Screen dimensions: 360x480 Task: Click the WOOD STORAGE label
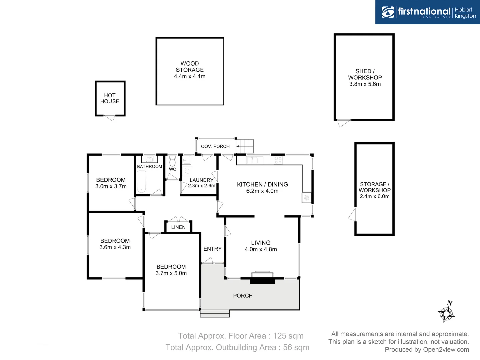point(190,67)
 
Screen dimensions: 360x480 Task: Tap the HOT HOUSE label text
point(110,98)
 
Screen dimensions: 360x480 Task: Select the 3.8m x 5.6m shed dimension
point(365,84)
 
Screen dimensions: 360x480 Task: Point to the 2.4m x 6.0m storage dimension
point(375,196)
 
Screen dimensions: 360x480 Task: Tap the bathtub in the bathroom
point(142,181)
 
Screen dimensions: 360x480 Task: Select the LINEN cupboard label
point(178,227)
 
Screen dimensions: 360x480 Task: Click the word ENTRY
point(212,249)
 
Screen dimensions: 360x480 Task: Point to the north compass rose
point(446,313)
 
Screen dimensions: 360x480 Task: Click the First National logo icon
point(388,12)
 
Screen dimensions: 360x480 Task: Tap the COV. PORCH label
point(215,146)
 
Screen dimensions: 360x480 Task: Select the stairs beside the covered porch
point(245,146)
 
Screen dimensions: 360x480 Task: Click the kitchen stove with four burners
point(278,160)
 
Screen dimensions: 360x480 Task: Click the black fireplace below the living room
point(262,281)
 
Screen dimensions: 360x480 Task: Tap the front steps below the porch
point(215,314)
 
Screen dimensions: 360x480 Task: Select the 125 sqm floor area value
point(288,336)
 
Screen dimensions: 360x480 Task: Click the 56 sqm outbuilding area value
point(296,348)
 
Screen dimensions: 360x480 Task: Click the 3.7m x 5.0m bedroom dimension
point(171,273)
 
